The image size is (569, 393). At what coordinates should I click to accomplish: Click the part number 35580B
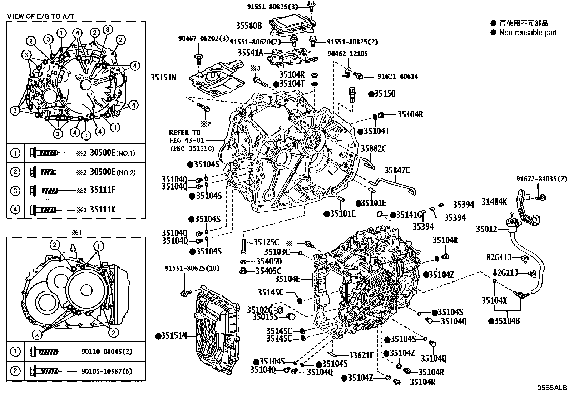pyautogui.click(x=249, y=25)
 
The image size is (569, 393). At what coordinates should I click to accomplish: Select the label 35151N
pyautogui.click(x=163, y=77)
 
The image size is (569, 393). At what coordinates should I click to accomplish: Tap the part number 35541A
pyautogui.click(x=250, y=53)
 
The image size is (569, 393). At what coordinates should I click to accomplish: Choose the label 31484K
pyautogui.click(x=494, y=202)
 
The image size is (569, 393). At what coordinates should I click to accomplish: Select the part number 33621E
pyautogui.click(x=361, y=355)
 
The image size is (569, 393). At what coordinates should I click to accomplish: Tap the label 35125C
pyautogui.click(x=266, y=242)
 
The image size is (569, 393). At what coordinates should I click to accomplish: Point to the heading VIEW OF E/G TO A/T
pyautogui.click(x=41, y=16)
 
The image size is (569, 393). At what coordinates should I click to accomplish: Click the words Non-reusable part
pyautogui.click(x=528, y=33)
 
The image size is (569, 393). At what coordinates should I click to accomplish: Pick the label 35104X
pyautogui.click(x=494, y=300)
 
